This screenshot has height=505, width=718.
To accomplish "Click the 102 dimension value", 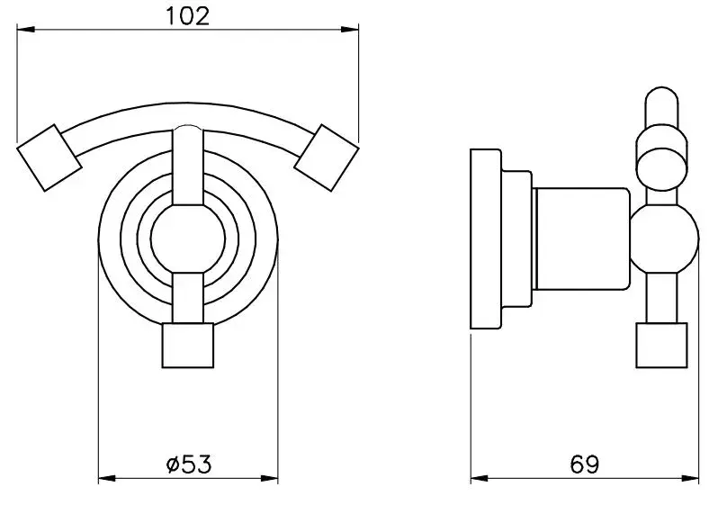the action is [x=186, y=16].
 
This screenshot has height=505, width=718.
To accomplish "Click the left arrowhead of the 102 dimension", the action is [x=25, y=30].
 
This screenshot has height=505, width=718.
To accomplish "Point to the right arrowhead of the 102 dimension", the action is [x=350, y=30].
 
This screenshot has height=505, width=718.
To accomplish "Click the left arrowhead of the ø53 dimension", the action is [x=108, y=479].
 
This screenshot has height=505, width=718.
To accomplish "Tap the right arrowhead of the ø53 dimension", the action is [x=269, y=479].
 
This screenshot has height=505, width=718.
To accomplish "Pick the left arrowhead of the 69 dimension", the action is [x=480, y=479].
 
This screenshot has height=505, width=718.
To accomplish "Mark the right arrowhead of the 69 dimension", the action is [x=690, y=479].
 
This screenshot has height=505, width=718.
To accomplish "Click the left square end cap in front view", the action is [x=49, y=158].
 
